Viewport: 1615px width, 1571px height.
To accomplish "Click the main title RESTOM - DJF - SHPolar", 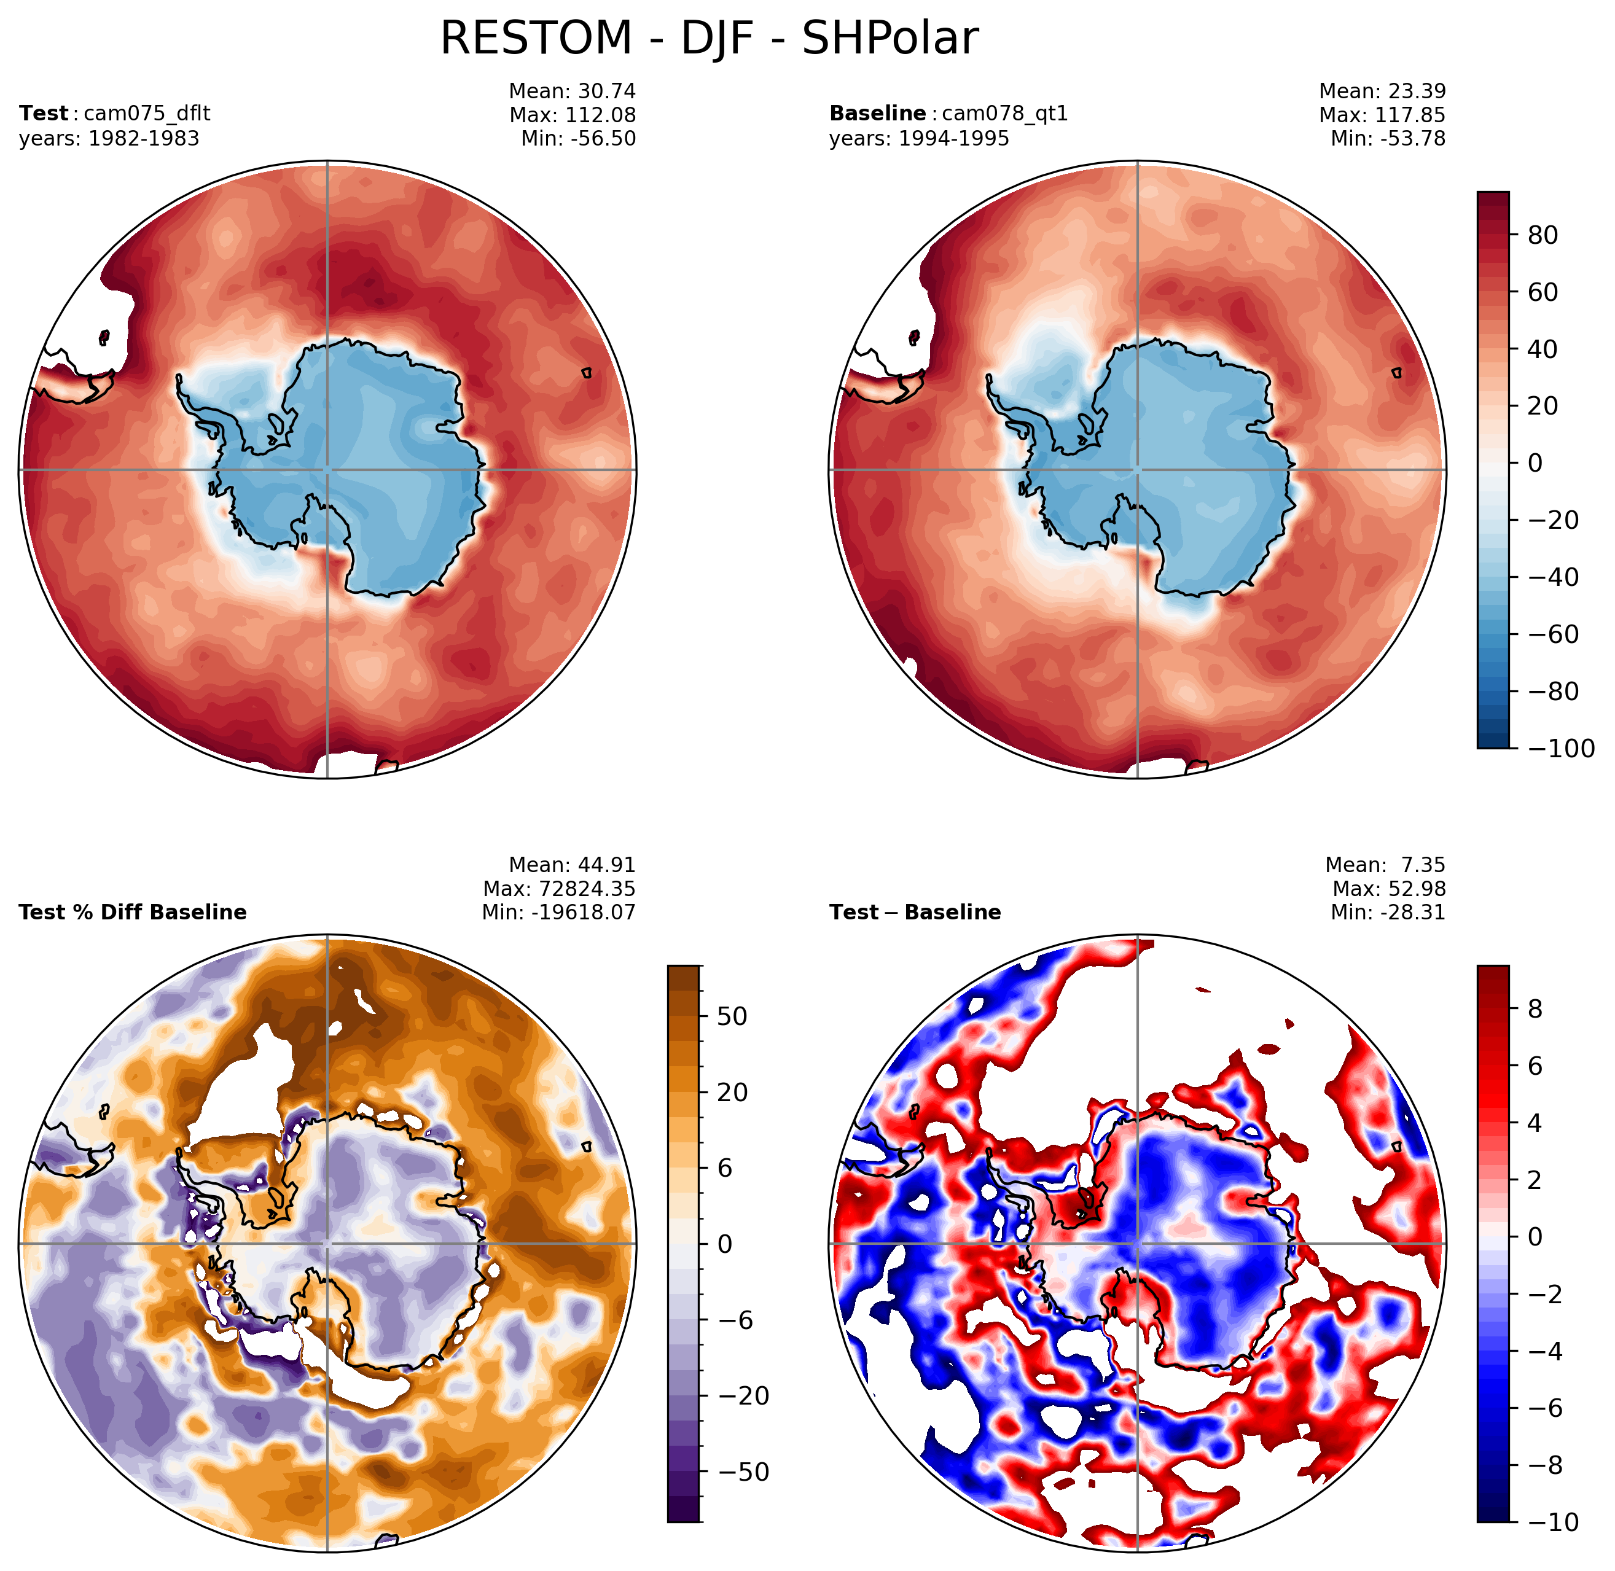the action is [710, 38].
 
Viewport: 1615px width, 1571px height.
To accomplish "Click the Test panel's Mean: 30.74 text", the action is [573, 91].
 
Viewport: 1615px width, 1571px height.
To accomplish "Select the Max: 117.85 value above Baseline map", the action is [1383, 115].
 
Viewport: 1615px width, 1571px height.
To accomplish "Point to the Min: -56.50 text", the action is [579, 139].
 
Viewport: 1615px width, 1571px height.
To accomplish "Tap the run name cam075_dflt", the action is [147, 113].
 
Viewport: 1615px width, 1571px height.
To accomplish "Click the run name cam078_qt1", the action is [1005, 113].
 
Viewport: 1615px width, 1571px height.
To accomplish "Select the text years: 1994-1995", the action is [920, 139].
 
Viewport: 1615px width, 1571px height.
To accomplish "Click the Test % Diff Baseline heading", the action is [133, 912].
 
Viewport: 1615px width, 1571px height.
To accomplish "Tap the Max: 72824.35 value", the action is [560, 889].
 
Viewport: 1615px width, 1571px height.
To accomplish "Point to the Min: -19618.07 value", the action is [560, 912].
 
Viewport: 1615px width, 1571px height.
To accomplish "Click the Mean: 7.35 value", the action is [1386, 865].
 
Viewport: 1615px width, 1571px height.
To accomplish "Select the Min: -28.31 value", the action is [1389, 912].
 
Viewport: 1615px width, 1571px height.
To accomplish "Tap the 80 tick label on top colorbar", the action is [1544, 235].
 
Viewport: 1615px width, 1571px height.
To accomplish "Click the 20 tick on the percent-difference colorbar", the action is [733, 1093].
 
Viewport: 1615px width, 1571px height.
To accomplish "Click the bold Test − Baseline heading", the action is [915, 912].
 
